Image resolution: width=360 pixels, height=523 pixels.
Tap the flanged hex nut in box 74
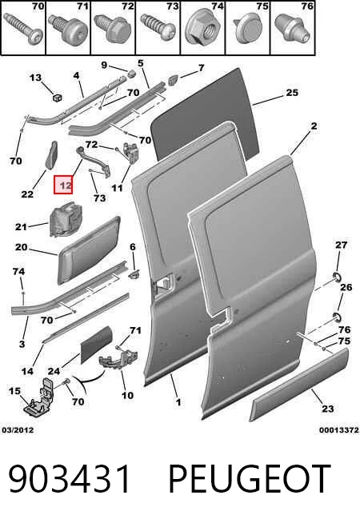coord(202,30)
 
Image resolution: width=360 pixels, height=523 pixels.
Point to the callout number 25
coord(292,93)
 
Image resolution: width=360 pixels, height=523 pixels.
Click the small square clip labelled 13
coord(58,98)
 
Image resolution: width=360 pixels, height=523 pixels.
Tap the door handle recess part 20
coord(89,250)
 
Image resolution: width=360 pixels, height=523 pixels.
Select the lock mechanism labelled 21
coord(66,219)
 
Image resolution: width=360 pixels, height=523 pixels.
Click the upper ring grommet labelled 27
coord(337,277)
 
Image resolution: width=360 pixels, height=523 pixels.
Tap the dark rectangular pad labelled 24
coord(97,345)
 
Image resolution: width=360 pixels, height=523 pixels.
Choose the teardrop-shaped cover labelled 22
coord(51,156)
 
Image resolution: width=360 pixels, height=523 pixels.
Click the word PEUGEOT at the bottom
coord(250,479)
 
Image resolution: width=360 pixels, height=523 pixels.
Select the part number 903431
coord(70,479)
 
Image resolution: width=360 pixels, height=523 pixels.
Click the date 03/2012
coord(18,430)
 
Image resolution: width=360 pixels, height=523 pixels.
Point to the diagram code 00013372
coord(339,430)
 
